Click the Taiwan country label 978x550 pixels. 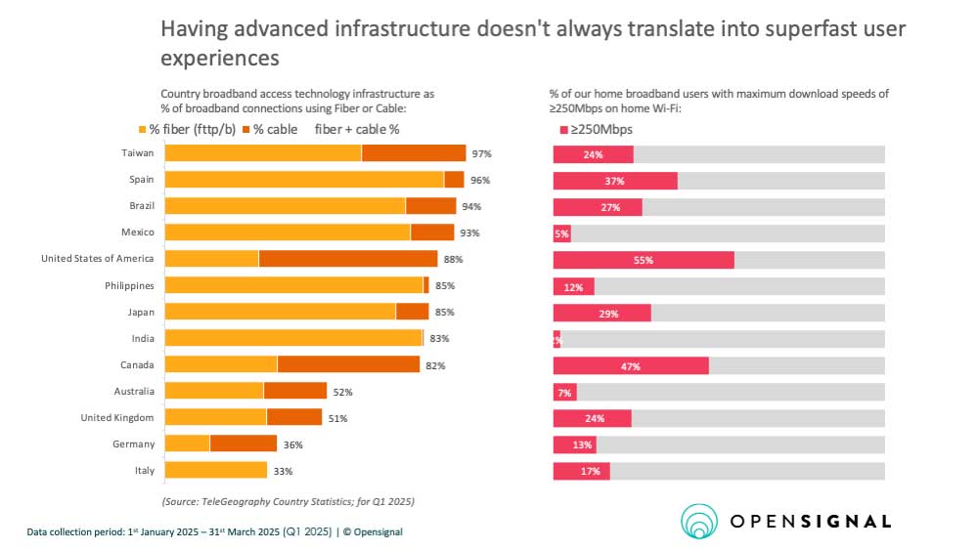(137, 153)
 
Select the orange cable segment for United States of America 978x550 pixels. (347, 259)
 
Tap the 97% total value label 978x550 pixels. (481, 154)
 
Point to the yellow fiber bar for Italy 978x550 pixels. (215, 470)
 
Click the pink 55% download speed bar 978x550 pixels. (643, 260)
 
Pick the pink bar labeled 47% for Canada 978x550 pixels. (630, 365)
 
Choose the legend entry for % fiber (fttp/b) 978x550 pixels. (195, 129)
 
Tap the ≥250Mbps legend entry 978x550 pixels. (596, 129)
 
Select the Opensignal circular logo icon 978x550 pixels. (699, 521)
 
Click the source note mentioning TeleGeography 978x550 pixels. (289, 501)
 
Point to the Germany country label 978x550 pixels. (134, 444)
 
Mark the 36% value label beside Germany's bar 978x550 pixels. (292, 444)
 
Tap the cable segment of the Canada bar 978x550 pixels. (348, 364)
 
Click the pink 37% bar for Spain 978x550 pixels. (615, 181)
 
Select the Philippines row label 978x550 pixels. (129, 285)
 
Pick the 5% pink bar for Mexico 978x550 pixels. (561, 233)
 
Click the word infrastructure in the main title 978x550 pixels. (386, 31)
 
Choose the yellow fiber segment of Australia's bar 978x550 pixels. (214, 391)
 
